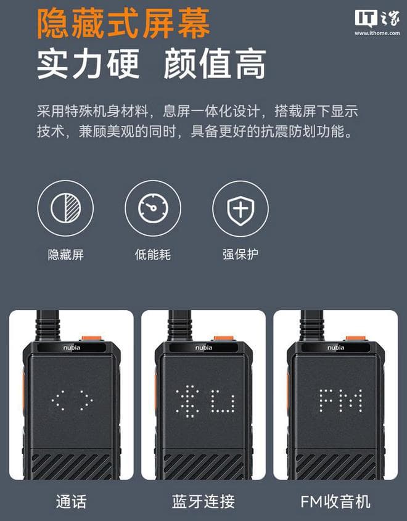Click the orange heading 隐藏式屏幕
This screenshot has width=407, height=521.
pos(123,23)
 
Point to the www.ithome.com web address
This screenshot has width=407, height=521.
pos(377,33)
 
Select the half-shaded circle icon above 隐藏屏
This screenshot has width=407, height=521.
pos(65,208)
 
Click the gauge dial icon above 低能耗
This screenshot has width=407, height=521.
pos(153,208)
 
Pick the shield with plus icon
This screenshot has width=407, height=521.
pos(240,208)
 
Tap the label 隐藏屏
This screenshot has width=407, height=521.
pos(66,255)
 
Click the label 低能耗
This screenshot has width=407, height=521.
pos(153,255)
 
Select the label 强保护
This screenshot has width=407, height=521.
pos(240,255)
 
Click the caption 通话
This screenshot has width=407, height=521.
pos(72,501)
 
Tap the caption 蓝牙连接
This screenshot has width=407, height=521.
pos(203,501)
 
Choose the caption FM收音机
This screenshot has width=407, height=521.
pos(335,501)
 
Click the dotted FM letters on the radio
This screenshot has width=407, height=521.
pos(341,401)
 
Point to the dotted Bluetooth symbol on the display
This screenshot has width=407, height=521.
pos(188,401)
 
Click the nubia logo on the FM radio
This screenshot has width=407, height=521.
pos(335,348)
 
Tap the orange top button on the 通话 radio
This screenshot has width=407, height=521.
pos(92,338)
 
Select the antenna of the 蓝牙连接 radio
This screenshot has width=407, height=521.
pos(179,326)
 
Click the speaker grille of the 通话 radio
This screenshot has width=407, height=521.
pos(72,467)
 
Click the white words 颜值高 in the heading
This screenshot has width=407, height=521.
pos(215,64)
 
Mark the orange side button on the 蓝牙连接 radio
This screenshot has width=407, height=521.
pos(156,391)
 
